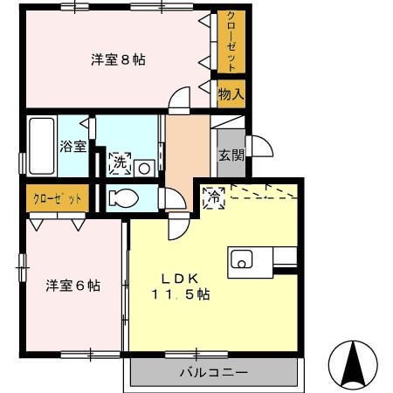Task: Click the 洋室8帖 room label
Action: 119,60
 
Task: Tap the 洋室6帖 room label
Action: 72,286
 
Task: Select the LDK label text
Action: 183,279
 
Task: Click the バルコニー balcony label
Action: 214,371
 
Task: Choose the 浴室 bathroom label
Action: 72,147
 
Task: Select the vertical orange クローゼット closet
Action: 231,42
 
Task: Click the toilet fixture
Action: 122,198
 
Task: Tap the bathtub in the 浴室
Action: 40,147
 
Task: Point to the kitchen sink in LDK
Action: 242,259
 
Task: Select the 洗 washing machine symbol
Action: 119,162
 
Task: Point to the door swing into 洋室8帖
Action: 179,100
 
